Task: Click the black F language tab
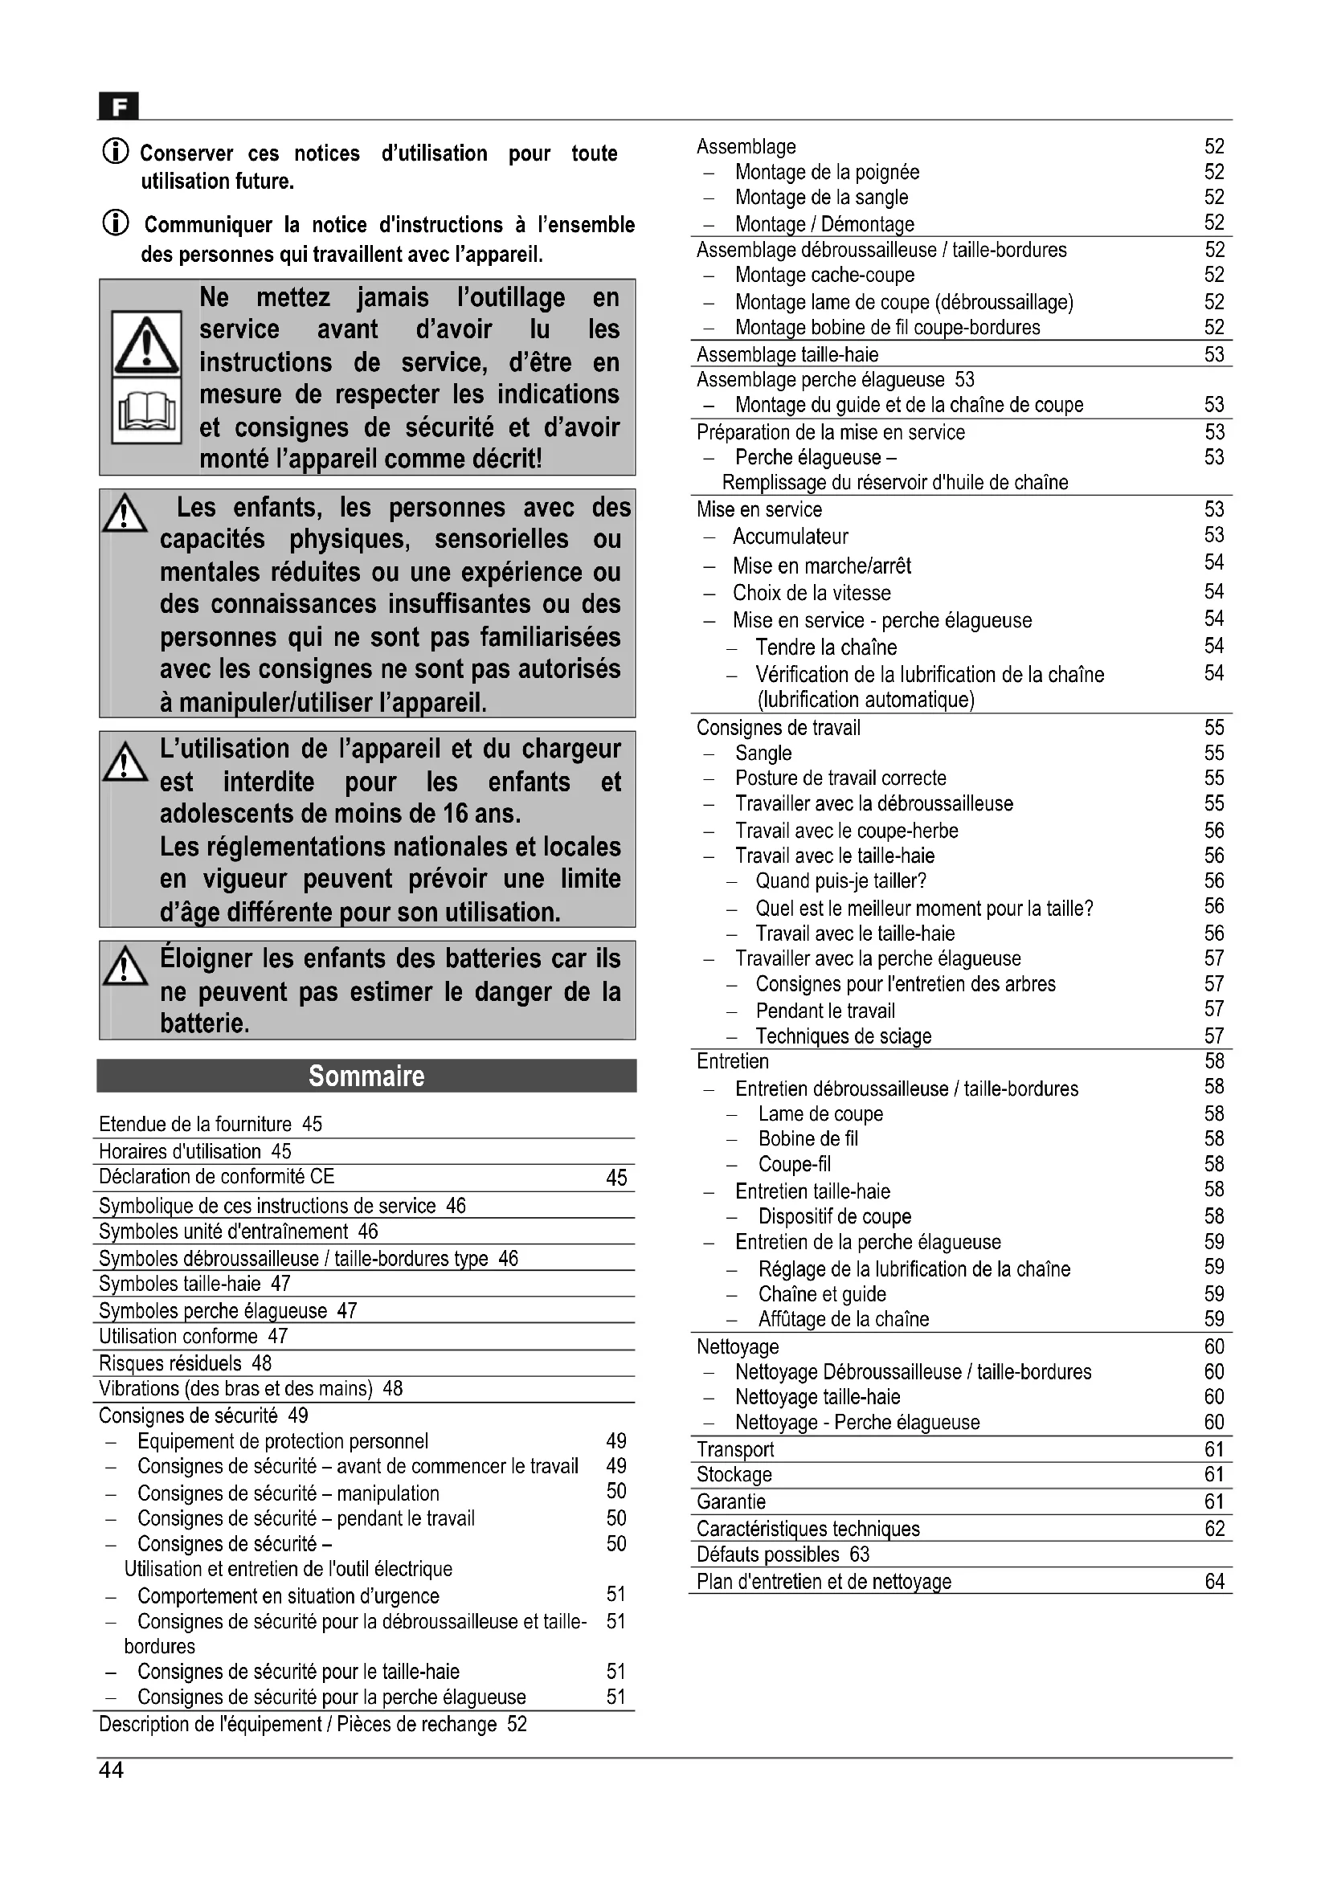coord(119,106)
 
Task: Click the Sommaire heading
coord(366,1076)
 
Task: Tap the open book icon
coord(146,411)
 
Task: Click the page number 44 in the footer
coord(112,1771)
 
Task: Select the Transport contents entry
coord(735,1449)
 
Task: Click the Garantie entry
coord(730,1501)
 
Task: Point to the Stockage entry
coord(734,1475)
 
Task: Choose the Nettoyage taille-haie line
coord(816,1397)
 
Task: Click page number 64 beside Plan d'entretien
coord(1214,1581)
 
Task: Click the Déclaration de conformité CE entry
coord(217,1177)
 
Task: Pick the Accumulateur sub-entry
coord(790,537)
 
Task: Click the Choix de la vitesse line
coord(811,593)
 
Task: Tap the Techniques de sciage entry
coord(843,1036)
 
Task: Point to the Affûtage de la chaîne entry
coord(843,1319)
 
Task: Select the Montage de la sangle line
coord(821,198)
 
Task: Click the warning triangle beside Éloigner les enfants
coord(125,966)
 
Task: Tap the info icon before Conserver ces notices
coord(116,151)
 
